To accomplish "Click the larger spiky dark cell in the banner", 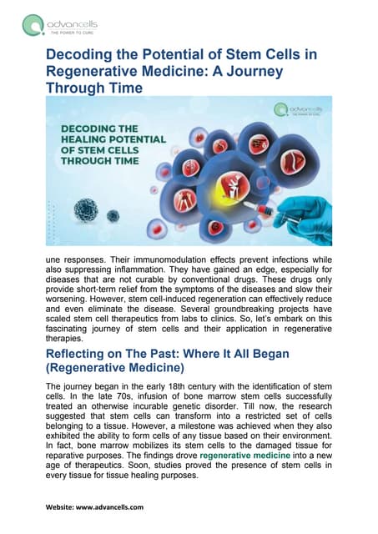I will tap(86, 209).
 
